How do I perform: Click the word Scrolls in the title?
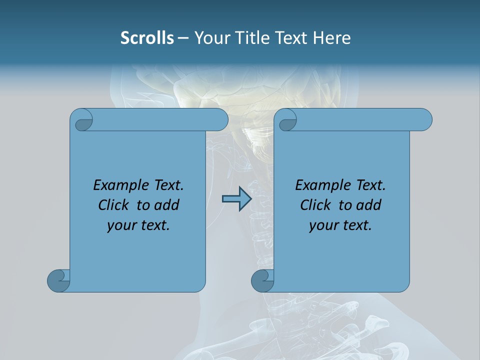147,38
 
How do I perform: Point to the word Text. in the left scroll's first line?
167,185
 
